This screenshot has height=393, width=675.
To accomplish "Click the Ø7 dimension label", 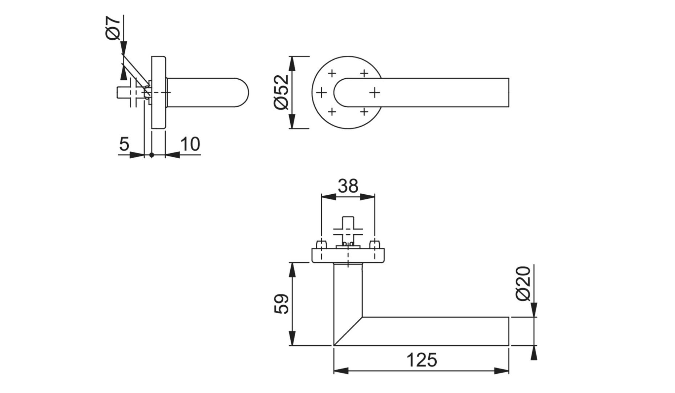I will (113, 28).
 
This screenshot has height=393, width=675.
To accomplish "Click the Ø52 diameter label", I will (282, 92).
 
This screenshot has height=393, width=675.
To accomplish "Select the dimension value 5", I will (124, 144).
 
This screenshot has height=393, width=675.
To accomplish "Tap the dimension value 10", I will (190, 144).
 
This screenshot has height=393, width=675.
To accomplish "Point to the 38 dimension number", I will (348, 186).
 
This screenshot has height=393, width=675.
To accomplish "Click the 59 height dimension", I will (282, 304).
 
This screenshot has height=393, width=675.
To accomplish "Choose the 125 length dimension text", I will (421, 360).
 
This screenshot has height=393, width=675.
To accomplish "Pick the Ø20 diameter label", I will (524, 283).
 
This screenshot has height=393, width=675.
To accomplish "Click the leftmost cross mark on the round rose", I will (321, 93).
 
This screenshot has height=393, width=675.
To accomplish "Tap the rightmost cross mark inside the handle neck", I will (375, 93).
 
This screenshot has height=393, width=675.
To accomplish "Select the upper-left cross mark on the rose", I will (332, 74).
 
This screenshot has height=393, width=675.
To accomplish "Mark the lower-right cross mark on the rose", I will (364, 111).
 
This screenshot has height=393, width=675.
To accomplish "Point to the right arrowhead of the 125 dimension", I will (502, 371).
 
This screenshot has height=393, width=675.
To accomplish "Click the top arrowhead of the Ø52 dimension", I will (292, 63).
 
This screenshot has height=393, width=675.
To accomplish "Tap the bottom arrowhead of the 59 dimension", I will (292, 339).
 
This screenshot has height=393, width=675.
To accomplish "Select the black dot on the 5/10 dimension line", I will (151, 155).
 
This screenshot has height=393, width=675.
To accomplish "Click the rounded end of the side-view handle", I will (244, 92).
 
